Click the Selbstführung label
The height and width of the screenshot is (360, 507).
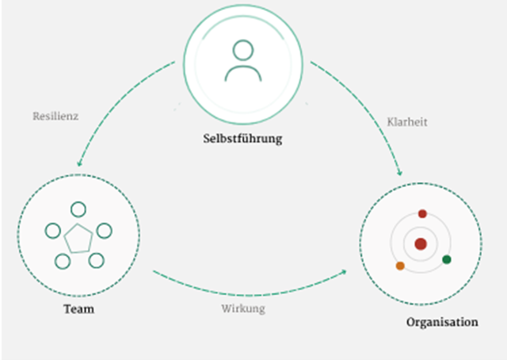[x=242, y=140]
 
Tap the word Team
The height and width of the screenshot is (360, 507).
[x=78, y=308]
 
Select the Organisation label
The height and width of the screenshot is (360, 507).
[x=442, y=322]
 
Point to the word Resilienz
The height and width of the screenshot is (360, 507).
[x=56, y=115]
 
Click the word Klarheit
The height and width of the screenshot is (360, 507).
[x=408, y=122]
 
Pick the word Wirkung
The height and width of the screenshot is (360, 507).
[x=242, y=308]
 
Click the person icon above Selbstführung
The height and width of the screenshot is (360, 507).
[x=242, y=61]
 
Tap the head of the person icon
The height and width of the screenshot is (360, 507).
[x=242, y=50]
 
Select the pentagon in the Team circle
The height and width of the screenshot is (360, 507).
[x=78, y=239]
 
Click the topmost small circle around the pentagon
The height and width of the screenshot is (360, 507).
[x=78, y=209]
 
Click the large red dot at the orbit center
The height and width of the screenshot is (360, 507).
[x=420, y=243]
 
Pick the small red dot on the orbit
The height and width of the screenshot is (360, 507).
[x=422, y=214]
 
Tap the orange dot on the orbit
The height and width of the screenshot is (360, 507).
[x=400, y=266]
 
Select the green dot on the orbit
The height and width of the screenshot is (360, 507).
[x=447, y=259]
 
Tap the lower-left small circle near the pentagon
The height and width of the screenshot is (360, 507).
[x=62, y=260]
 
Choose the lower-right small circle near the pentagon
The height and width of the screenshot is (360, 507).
[x=95, y=260]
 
